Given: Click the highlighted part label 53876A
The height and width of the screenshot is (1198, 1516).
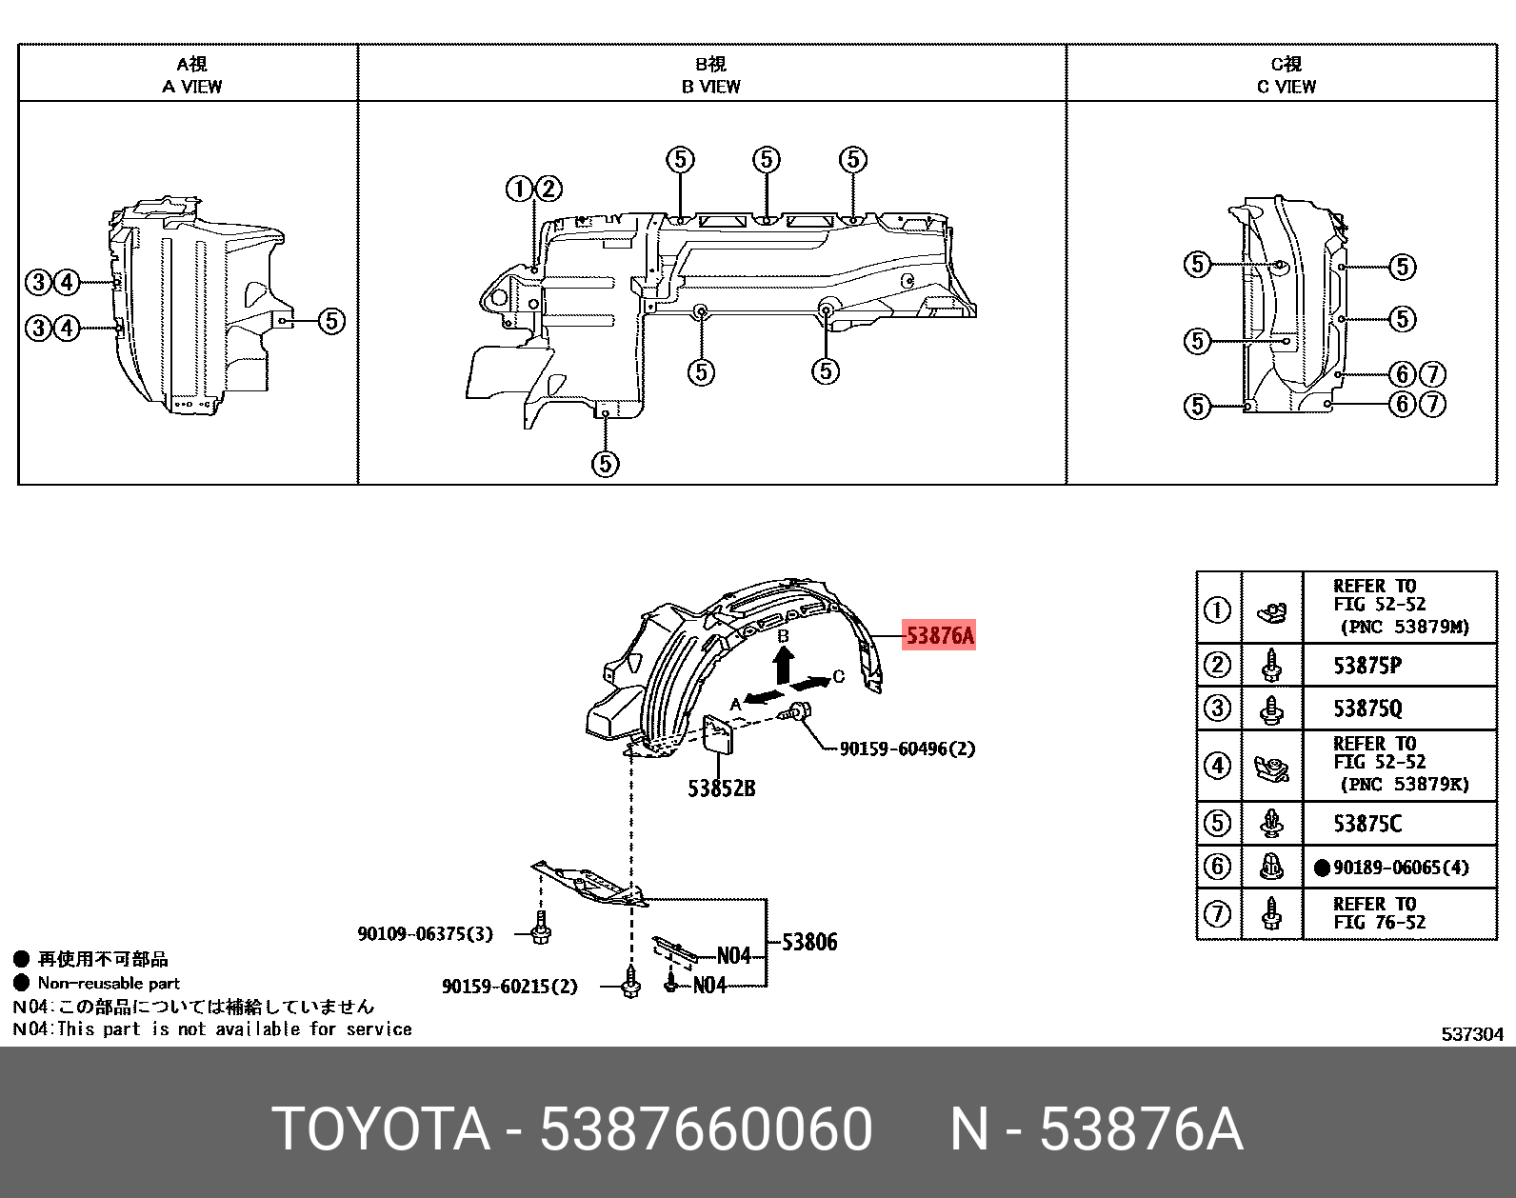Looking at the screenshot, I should (x=939, y=635).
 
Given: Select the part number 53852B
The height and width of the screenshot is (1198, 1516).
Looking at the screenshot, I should (x=721, y=789).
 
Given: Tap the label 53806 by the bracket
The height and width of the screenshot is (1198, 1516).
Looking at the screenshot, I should (x=809, y=942).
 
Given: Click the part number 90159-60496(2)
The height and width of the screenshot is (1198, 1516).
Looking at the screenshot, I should (x=907, y=749).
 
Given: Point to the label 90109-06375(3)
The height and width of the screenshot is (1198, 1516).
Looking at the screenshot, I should (x=425, y=933).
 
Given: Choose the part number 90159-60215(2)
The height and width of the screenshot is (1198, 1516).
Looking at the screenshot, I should (x=509, y=987).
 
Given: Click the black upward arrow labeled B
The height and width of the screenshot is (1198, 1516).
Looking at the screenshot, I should (x=783, y=664).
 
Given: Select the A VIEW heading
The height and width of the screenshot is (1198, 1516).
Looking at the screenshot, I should (x=191, y=86).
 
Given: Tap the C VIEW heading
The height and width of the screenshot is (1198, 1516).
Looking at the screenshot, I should (x=1286, y=86).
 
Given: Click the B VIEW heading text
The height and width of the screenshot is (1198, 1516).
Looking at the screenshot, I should (x=710, y=86).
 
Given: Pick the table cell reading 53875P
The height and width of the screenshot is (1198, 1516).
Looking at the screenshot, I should (x=1366, y=666).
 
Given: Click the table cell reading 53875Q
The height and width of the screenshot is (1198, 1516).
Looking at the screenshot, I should (x=1366, y=709).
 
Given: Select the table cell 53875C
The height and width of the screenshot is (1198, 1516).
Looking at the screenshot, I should (x=1366, y=824).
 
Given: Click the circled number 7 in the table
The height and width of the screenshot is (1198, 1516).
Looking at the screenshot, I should (x=1218, y=914).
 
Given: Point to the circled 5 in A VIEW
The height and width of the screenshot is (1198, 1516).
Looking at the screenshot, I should (x=330, y=321).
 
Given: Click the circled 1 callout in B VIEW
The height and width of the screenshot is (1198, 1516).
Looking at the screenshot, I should (x=519, y=189).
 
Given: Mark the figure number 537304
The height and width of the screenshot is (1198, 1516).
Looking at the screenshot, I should (x=1471, y=1034).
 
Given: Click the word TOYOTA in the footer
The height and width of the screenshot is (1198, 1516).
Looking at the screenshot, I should (x=381, y=1129).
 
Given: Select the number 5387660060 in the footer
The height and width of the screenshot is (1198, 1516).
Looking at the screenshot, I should (x=706, y=1129).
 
